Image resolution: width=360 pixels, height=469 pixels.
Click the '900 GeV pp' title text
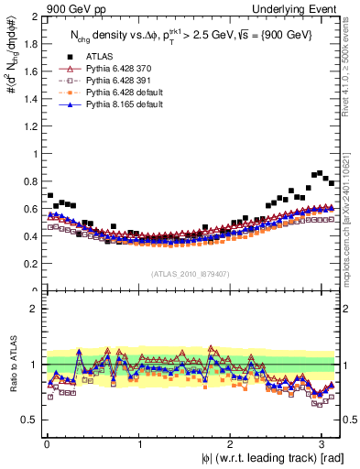click(76, 8)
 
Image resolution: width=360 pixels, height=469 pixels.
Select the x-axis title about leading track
click(260, 458)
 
